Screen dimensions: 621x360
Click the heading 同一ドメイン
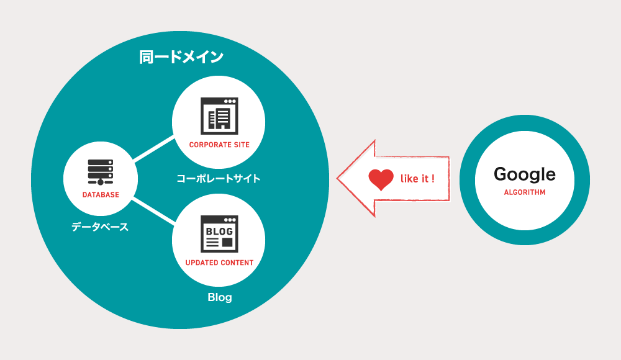181,57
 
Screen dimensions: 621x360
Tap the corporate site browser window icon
219,116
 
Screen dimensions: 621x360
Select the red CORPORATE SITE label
219,145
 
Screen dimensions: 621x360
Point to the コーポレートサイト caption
219,179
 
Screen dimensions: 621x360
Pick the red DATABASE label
101,195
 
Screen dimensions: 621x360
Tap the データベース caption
100,227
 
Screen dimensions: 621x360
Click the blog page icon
219,234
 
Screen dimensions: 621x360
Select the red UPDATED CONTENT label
219,263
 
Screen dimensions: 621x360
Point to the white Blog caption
220,297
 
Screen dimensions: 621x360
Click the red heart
381,179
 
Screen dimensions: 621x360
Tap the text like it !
417,179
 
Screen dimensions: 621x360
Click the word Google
525,174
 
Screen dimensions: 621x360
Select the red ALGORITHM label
525,192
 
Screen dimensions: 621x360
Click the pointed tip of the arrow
337,178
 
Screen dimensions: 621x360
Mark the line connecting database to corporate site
154,148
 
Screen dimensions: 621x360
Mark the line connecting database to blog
154,210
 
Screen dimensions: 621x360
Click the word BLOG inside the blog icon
219,232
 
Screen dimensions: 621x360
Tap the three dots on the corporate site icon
230,101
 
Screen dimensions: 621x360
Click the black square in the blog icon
227,242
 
